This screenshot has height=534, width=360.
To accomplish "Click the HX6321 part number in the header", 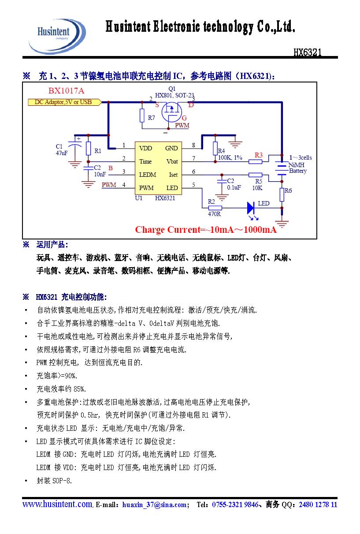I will click(x=307, y=52).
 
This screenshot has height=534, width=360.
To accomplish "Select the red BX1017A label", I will click(x=66, y=91).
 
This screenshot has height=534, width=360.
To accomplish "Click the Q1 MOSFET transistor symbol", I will click(x=171, y=112).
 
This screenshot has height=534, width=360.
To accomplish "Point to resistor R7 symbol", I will click(x=142, y=116).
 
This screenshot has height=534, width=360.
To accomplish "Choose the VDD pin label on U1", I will click(x=146, y=148).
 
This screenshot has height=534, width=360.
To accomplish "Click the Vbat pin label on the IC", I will click(x=172, y=161).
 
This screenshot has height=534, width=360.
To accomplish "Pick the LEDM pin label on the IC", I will click(x=148, y=175).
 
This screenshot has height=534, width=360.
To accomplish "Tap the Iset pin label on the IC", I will click(x=173, y=175).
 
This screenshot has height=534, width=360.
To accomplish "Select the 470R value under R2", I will click(x=214, y=214).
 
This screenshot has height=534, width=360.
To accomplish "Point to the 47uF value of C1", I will click(x=61, y=153).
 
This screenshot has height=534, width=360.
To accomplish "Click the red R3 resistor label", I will click(x=259, y=155).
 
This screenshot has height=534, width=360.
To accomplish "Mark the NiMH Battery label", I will click(x=297, y=168).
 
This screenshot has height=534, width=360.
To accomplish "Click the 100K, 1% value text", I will click(x=230, y=157).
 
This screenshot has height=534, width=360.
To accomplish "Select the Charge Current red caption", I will click(x=206, y=230).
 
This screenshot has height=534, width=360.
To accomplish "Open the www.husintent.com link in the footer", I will click(x=57, y=504).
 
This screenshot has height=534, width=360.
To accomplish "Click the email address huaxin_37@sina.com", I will click(x=155, y=505).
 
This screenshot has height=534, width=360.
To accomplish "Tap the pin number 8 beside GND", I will click(x=193, y=146).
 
